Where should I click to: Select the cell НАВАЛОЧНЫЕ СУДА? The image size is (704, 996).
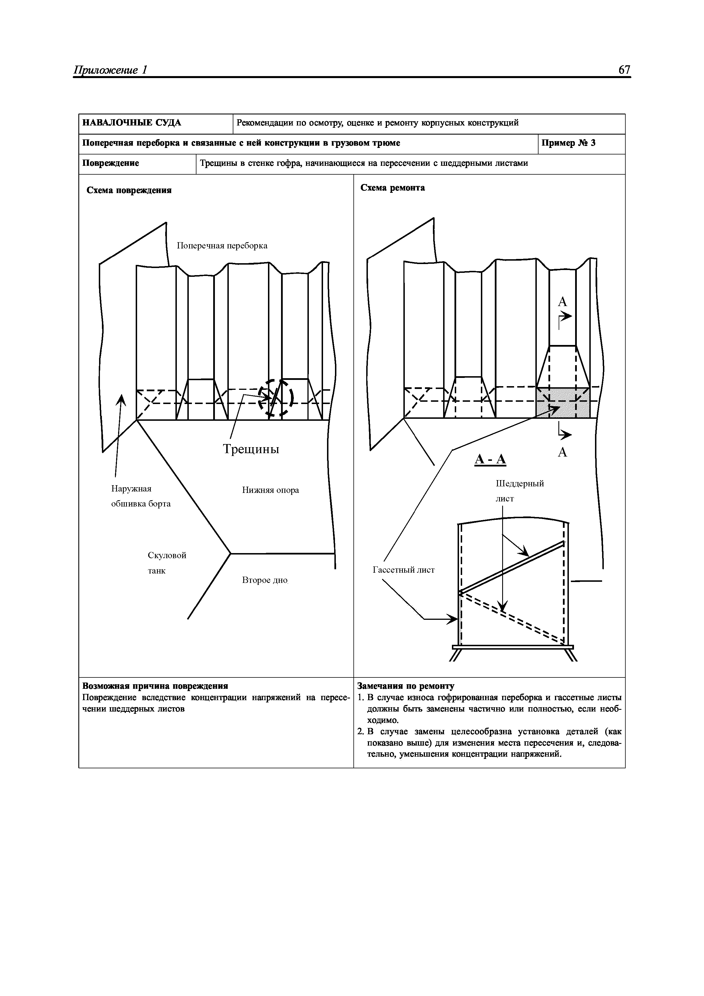132,123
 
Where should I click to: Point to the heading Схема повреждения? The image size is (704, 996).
129,191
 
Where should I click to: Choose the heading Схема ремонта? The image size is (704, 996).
393,188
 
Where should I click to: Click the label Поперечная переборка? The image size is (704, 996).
222,246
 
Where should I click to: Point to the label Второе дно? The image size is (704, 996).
265,580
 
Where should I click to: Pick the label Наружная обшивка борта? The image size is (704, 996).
141,496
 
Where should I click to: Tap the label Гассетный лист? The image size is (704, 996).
403,570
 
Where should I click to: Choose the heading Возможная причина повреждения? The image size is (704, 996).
155,686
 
